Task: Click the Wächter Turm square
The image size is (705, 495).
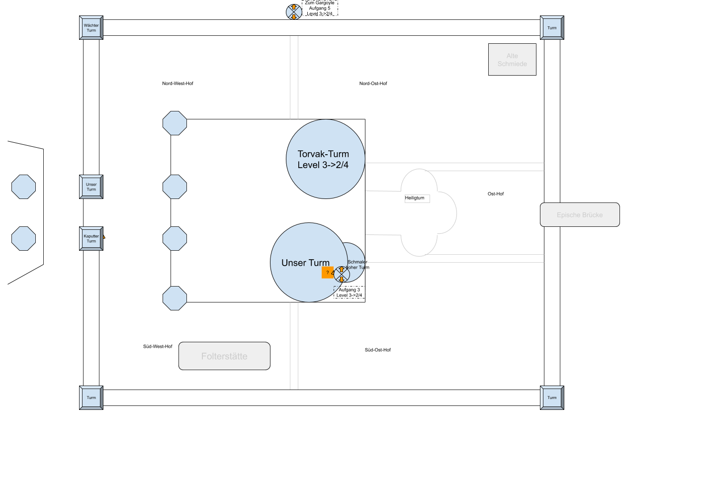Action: [x=91, y=28]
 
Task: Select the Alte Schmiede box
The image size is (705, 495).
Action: [x=512, y=60]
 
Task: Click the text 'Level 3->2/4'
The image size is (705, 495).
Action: [x=323, y=165]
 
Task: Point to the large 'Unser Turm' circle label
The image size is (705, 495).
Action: [x=305, y=263]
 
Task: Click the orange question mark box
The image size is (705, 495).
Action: [x=327, y=273]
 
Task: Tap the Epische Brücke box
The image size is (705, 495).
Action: [x=580, y=215]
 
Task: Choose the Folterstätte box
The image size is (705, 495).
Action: [x=224, y=356]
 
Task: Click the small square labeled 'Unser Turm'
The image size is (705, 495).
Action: [x=91, y=187]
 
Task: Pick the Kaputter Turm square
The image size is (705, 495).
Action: [x=91, y=239]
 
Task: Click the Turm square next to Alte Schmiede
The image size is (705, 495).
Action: [x=552, y=28]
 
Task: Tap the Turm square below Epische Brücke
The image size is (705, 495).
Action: [x=552, y=397]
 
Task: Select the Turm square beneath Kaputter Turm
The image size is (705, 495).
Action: [x=91, y=397]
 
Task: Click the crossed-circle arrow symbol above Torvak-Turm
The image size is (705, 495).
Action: [x=294, y=12]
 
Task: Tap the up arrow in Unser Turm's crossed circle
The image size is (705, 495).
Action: [x=342, y=270]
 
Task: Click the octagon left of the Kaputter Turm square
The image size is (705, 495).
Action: [x=23, y=239]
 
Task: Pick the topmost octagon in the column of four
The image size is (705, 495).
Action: [x=175, y=123]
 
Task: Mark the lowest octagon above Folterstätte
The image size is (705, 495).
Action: [x=175, y=298]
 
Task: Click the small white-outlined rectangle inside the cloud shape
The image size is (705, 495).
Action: [x=417, y=199]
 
